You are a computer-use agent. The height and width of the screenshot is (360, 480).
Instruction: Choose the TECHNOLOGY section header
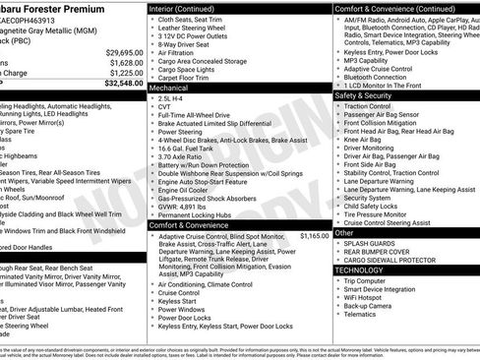click(359, 269)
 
